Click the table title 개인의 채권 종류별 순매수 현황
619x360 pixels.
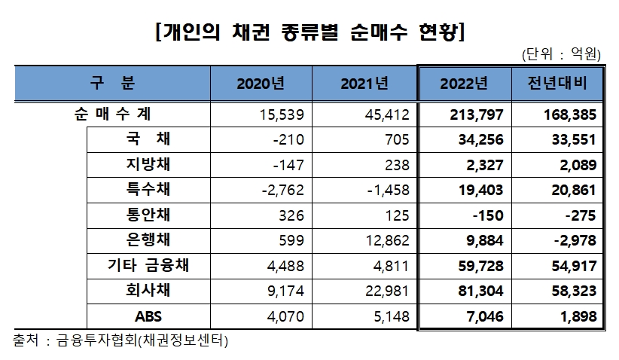[309, 32]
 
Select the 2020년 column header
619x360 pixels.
[260, 83]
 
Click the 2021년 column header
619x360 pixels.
[364, 83]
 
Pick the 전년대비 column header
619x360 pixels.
[557, 83]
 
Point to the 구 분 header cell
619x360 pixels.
[112, 83]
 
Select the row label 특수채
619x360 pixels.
[148, 188]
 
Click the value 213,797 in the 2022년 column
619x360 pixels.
[480, 114]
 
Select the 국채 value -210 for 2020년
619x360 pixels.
[290, 139]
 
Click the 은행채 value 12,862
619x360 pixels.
[386, 239]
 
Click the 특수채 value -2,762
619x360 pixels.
[285, 189]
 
